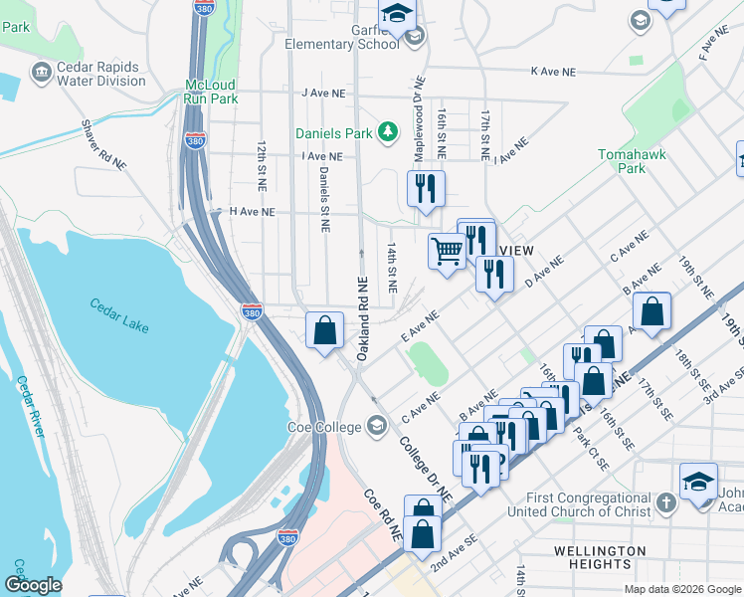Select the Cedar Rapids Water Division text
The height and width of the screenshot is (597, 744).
point(96,73)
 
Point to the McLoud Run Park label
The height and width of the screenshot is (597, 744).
point(211,92)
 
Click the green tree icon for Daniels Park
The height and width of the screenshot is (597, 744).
point(393,132)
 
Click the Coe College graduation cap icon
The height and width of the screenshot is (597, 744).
point(376,427)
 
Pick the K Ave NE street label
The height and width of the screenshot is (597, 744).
point(553,73)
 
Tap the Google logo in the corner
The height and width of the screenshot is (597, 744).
point(33,585)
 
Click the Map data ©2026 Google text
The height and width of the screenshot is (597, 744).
point(681,589)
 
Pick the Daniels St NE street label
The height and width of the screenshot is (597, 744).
point(324,200)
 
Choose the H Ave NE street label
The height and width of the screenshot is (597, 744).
point(251,212)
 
